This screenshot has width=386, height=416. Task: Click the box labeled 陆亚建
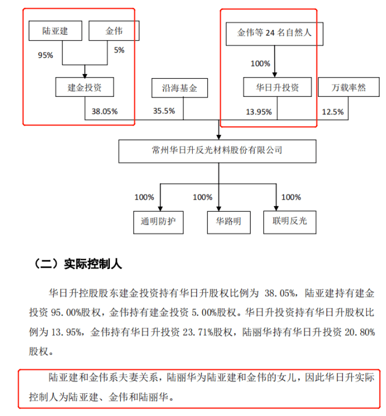click(x=55, y=31)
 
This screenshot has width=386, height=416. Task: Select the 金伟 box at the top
click(x=114, y=31)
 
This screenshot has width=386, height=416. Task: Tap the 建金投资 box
click(x=85, y=87)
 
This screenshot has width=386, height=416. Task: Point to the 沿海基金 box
click(x=179, y=88)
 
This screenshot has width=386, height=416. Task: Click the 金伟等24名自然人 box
click(x=274, y=34)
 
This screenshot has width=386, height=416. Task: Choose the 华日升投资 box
click(x=277, y=87)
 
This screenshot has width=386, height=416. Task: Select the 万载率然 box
click(x=349, y=87)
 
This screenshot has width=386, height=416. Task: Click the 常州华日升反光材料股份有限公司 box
click(x=217, y=151)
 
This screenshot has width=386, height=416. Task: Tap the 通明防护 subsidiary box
click(x=158, y=222)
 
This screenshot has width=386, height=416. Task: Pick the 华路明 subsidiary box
click(x=228, y=222)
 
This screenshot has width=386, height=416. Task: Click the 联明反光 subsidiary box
click(x=290, y=222)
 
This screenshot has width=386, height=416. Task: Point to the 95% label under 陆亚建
click(x=46, y=55)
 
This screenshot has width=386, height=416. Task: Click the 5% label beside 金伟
click(x=119, y=50)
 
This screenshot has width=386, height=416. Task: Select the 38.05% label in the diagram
click(x=105, y=111)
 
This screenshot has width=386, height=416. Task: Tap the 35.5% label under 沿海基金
click(x=164, y=111)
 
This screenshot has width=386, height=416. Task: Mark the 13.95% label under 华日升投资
click(x=259, y=111)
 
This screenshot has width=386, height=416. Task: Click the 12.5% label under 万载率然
click(x=333, y=111)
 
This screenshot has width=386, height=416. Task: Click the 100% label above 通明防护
click(x=144, y=197)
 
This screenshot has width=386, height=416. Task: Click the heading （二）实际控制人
click(x=78, y=264)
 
